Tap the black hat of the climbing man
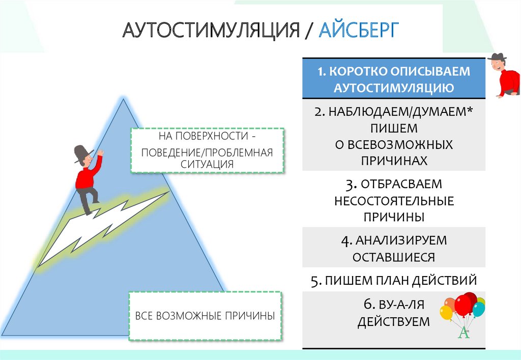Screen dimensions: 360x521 coord(81,153)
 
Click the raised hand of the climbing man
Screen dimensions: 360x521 coord(101,152)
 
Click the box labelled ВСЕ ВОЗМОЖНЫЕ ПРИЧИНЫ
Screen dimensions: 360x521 coord(205,316)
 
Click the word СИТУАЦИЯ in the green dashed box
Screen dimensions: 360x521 coord(207,164)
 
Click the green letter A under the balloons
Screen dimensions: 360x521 coord(463,334)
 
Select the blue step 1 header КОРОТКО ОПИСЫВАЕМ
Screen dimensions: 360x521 coord(394,72)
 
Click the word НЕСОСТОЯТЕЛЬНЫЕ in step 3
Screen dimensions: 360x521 coord(394,200)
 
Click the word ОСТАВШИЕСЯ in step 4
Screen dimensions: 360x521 coord(394,257)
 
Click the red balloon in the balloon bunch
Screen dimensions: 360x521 coord(464,304)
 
